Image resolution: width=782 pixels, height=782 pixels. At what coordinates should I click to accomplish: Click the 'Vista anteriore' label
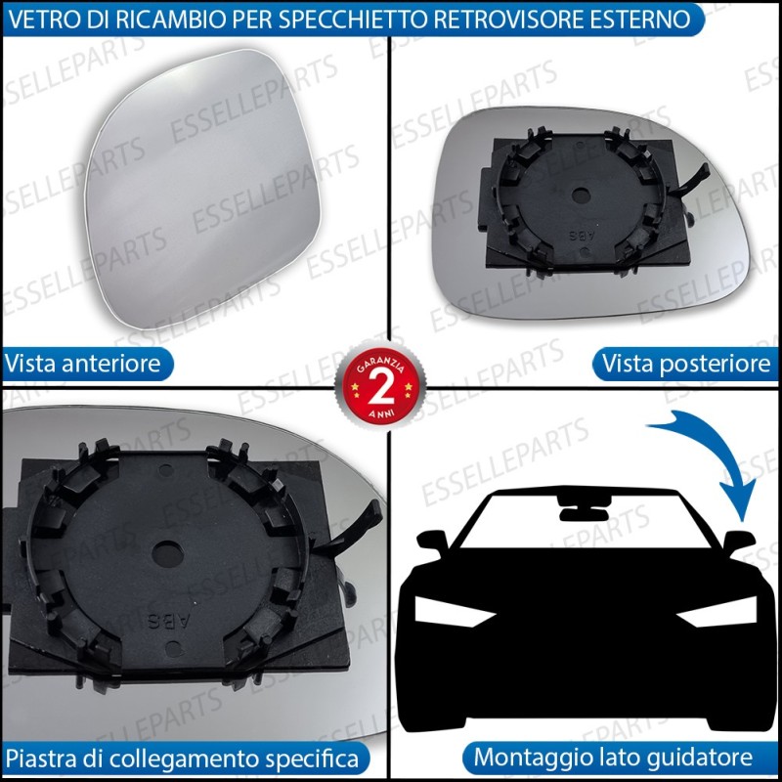[x=83, y=363]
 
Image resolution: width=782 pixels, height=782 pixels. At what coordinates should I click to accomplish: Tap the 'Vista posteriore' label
[x=686, y=363]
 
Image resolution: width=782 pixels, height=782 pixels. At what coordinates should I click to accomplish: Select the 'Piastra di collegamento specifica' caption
[x=182, y=759]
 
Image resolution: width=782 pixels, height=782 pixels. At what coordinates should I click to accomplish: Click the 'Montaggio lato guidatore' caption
[x=613, y=757]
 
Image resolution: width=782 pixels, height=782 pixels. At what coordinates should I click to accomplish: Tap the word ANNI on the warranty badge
[x=381, y=413]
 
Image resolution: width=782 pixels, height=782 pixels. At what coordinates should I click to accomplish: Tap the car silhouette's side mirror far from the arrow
[x=433, y=542]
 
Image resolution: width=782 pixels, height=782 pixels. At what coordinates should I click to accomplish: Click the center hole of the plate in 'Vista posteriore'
[x=581, y=195]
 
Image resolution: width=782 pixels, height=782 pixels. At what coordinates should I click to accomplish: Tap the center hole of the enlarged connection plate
[x=167, y=553]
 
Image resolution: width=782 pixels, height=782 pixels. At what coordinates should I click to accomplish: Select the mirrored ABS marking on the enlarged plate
[x=169, y=621]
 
